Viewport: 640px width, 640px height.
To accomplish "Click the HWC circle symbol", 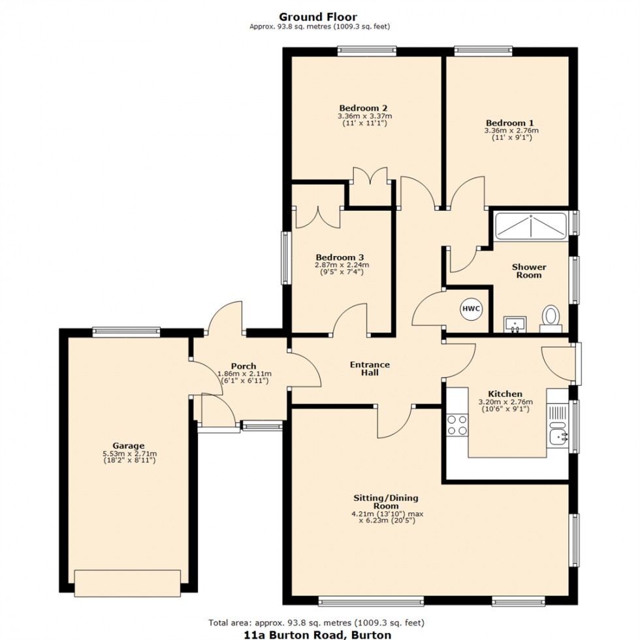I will coord(470,309).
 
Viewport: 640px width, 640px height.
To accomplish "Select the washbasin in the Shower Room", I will coord(515,323).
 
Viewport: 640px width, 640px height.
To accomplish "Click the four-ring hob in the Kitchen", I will coord(457,425).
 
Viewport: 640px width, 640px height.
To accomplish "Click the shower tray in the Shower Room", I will coord(532,226).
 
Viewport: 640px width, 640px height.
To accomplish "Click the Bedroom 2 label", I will coord(364,108).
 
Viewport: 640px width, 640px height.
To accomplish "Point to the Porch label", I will coord(243,366).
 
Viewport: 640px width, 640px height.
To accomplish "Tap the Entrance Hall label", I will coord(370,368).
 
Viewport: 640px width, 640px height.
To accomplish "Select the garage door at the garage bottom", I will coord(127,583).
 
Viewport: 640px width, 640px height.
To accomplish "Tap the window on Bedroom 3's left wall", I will coord(285,258).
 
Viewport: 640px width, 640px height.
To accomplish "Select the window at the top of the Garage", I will coord(127,331).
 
